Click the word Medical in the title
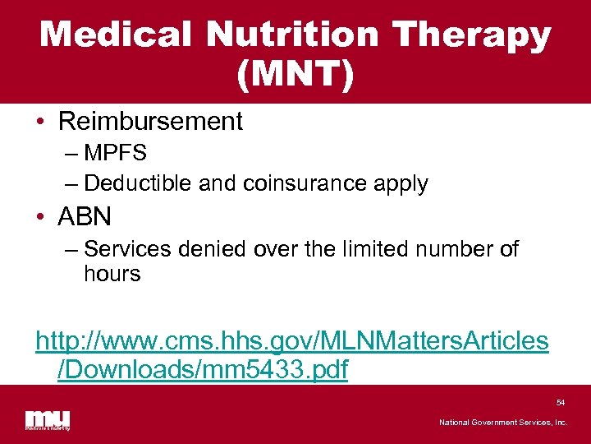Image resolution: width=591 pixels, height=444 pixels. pyautogui.click(x=117, y=35)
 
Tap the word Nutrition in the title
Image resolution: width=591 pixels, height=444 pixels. pyautogui.click(x=293, y=35)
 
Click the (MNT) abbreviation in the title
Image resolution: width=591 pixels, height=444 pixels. pyautogui.click(x=295, y=75)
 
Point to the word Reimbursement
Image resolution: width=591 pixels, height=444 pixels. pyautogui.click(x=150, y=122)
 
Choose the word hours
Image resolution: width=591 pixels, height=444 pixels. pyautogui.click(x=112, y=274)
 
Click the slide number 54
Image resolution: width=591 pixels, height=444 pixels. pyautogui.click(x=561, y=403)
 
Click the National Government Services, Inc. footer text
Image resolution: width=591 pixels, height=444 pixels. pyautogui.click(x=502, y=423)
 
